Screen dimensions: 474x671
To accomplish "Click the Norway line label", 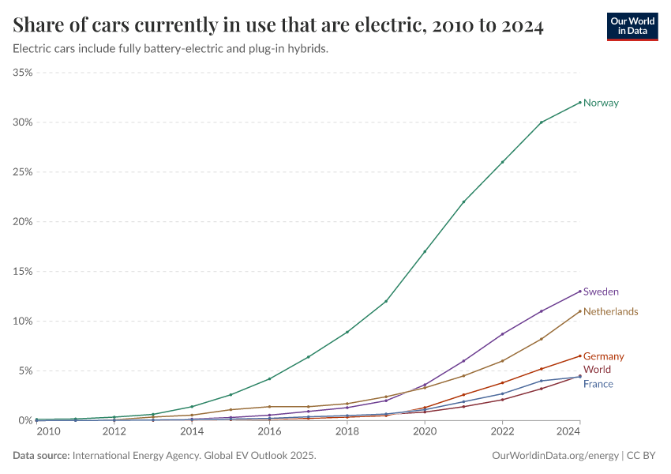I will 601,103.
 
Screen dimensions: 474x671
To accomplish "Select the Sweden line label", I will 601,292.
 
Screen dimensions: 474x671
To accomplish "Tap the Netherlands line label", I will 610,311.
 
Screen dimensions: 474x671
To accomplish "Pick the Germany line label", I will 603,356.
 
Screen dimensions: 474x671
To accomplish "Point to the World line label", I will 597,369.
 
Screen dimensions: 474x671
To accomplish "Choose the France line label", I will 598,384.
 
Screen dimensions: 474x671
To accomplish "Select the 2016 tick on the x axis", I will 269,431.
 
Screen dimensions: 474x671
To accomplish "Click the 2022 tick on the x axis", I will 502,431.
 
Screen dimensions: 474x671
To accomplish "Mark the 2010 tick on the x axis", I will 47,431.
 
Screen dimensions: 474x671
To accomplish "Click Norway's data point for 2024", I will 580,102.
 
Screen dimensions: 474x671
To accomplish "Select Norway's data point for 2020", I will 425,251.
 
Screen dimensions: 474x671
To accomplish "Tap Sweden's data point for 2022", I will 502,333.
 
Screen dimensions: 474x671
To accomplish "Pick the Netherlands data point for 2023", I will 542,339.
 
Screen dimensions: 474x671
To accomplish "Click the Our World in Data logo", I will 632,26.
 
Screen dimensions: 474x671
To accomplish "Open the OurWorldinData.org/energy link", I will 555,456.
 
